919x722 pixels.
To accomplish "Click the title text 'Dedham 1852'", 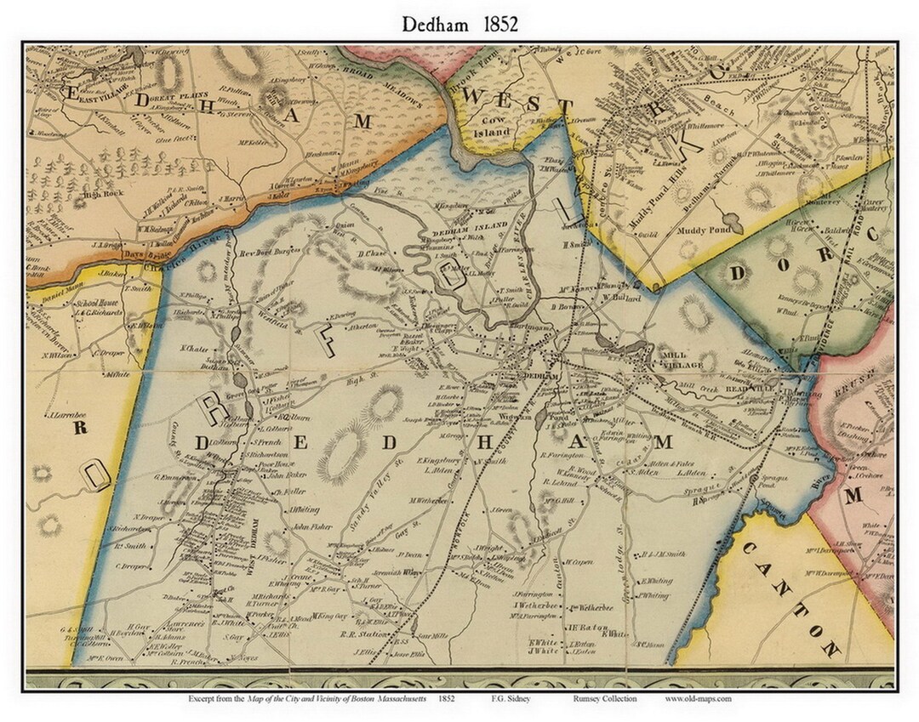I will [x=459, y=25].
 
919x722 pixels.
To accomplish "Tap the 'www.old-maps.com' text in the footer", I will [x=698, y=699].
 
